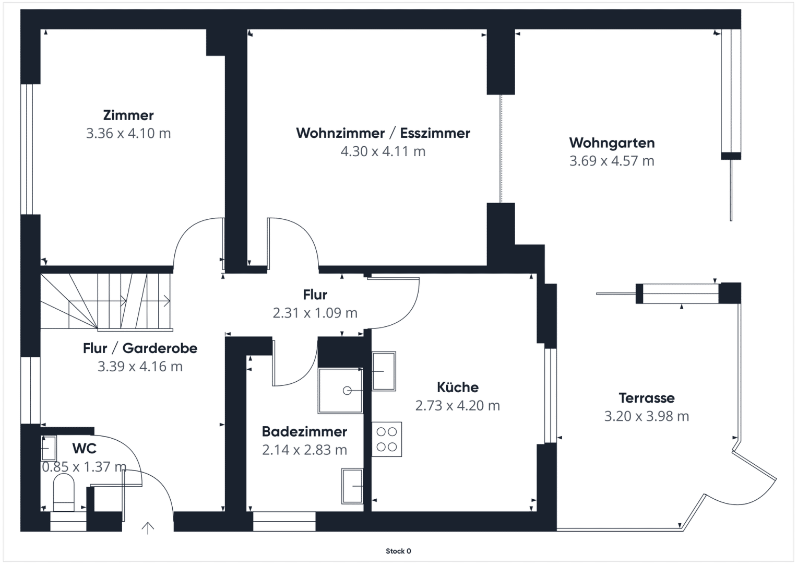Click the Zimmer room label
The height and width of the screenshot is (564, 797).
[128, 115]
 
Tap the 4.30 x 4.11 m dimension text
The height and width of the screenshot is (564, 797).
[383, 151]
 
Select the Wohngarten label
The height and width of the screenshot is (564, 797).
[612, 143]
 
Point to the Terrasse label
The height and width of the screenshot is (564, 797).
[647, 398]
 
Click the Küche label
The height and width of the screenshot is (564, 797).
[458, 387]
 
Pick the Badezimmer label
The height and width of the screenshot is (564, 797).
[304, 431]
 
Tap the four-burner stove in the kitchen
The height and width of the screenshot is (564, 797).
[387, 439]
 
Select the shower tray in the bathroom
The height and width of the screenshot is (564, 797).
[340, 391]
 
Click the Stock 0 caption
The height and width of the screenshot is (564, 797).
[398, 551]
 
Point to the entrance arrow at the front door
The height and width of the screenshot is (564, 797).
[148, 528]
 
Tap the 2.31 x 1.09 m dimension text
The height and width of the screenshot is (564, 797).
[315, 313]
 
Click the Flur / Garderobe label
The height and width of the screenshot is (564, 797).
[140, 348]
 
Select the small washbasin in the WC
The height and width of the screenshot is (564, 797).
[49, 448]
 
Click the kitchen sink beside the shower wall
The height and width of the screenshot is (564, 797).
[384, 371]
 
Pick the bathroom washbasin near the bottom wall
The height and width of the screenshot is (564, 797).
[352, 486]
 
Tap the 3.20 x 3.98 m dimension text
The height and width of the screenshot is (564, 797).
[647, 416]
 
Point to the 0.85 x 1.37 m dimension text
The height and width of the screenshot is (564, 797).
[84, 467]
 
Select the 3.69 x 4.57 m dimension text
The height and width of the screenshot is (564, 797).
[612, 161]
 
